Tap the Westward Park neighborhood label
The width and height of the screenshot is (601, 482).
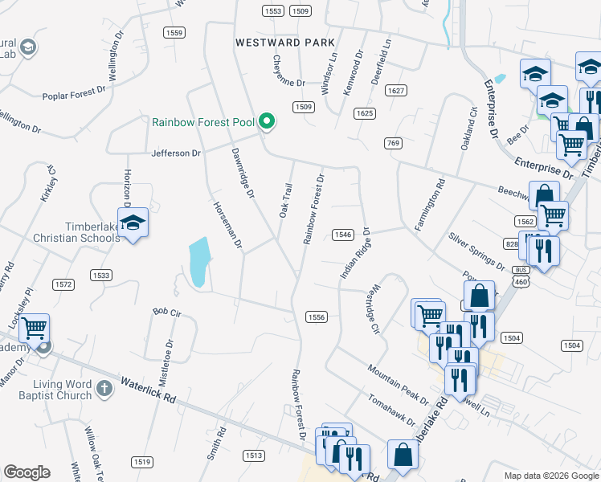click(x=284, y=42)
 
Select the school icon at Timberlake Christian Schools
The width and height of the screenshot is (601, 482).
click(x=133, y=223)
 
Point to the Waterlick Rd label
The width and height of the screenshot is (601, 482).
click(x=148, y=390)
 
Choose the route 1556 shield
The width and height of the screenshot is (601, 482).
click(x=316, y=317)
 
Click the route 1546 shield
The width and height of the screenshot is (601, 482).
click(x=342, y=235)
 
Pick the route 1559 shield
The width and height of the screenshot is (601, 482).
click(x=173, y=32)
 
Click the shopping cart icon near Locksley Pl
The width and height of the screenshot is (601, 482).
click(x=35, y=328)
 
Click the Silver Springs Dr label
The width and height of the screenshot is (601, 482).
click(x=476, y=252)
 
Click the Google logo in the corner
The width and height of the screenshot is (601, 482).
click(x=27, y=472)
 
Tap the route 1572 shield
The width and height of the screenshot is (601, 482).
click(x=63, y=284)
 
